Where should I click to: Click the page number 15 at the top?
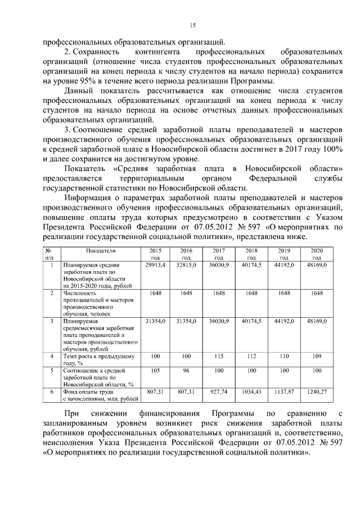pos(191,24)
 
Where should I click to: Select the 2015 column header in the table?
pos(155,254)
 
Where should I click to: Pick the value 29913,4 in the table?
pos(155,264)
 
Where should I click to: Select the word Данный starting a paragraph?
pos(78,91)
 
